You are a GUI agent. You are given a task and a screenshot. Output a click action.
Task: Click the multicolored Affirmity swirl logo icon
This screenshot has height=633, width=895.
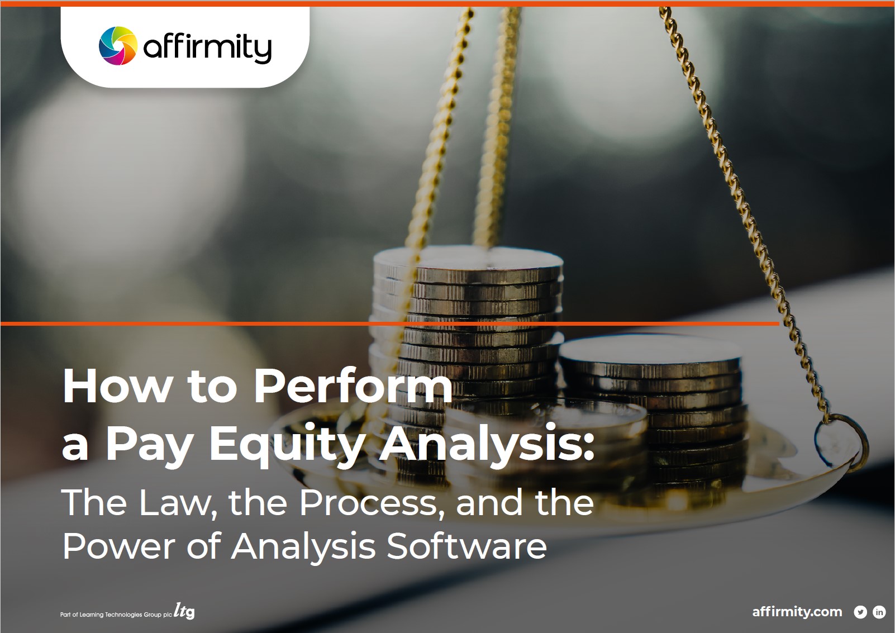point(117,46)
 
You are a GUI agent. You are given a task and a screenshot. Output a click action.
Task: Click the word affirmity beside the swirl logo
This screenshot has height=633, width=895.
point(207,47)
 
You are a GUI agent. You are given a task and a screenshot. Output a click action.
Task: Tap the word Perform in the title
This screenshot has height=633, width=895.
point(353,386)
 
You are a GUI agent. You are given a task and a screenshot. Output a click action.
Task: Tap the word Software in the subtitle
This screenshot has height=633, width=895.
point(467,546)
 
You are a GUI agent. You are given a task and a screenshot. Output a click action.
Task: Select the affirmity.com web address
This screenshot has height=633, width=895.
point(797,612)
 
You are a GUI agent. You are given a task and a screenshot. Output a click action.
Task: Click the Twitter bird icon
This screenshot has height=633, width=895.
point(860,612)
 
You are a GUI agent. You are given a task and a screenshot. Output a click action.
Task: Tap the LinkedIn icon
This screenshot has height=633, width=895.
point(879,612)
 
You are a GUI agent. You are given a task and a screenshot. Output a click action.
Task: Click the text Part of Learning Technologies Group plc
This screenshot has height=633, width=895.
point(116,615)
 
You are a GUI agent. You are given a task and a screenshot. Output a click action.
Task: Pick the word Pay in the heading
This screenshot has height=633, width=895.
point(150,444)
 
